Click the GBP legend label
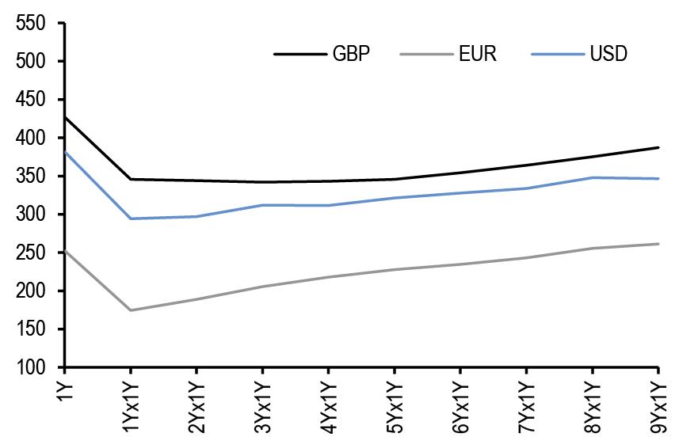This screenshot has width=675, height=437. (351, 55)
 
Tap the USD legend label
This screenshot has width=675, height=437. (608, 55)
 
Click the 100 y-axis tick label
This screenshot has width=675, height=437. (32, 368)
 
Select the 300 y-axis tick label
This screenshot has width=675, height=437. (32, 215)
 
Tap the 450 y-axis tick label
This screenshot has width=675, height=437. (32, 100)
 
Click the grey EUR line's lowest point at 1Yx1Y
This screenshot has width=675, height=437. (131, 310)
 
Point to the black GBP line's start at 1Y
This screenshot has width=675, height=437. (65, 117)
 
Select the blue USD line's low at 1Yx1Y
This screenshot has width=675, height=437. (131, 218)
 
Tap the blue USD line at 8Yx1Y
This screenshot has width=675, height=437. (593, 177)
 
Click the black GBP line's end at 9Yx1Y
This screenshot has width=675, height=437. (658, 147)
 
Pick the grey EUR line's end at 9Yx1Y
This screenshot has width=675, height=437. (658, 244)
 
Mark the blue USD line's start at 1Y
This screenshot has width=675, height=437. (65, 152)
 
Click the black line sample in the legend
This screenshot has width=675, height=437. (299, 55)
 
